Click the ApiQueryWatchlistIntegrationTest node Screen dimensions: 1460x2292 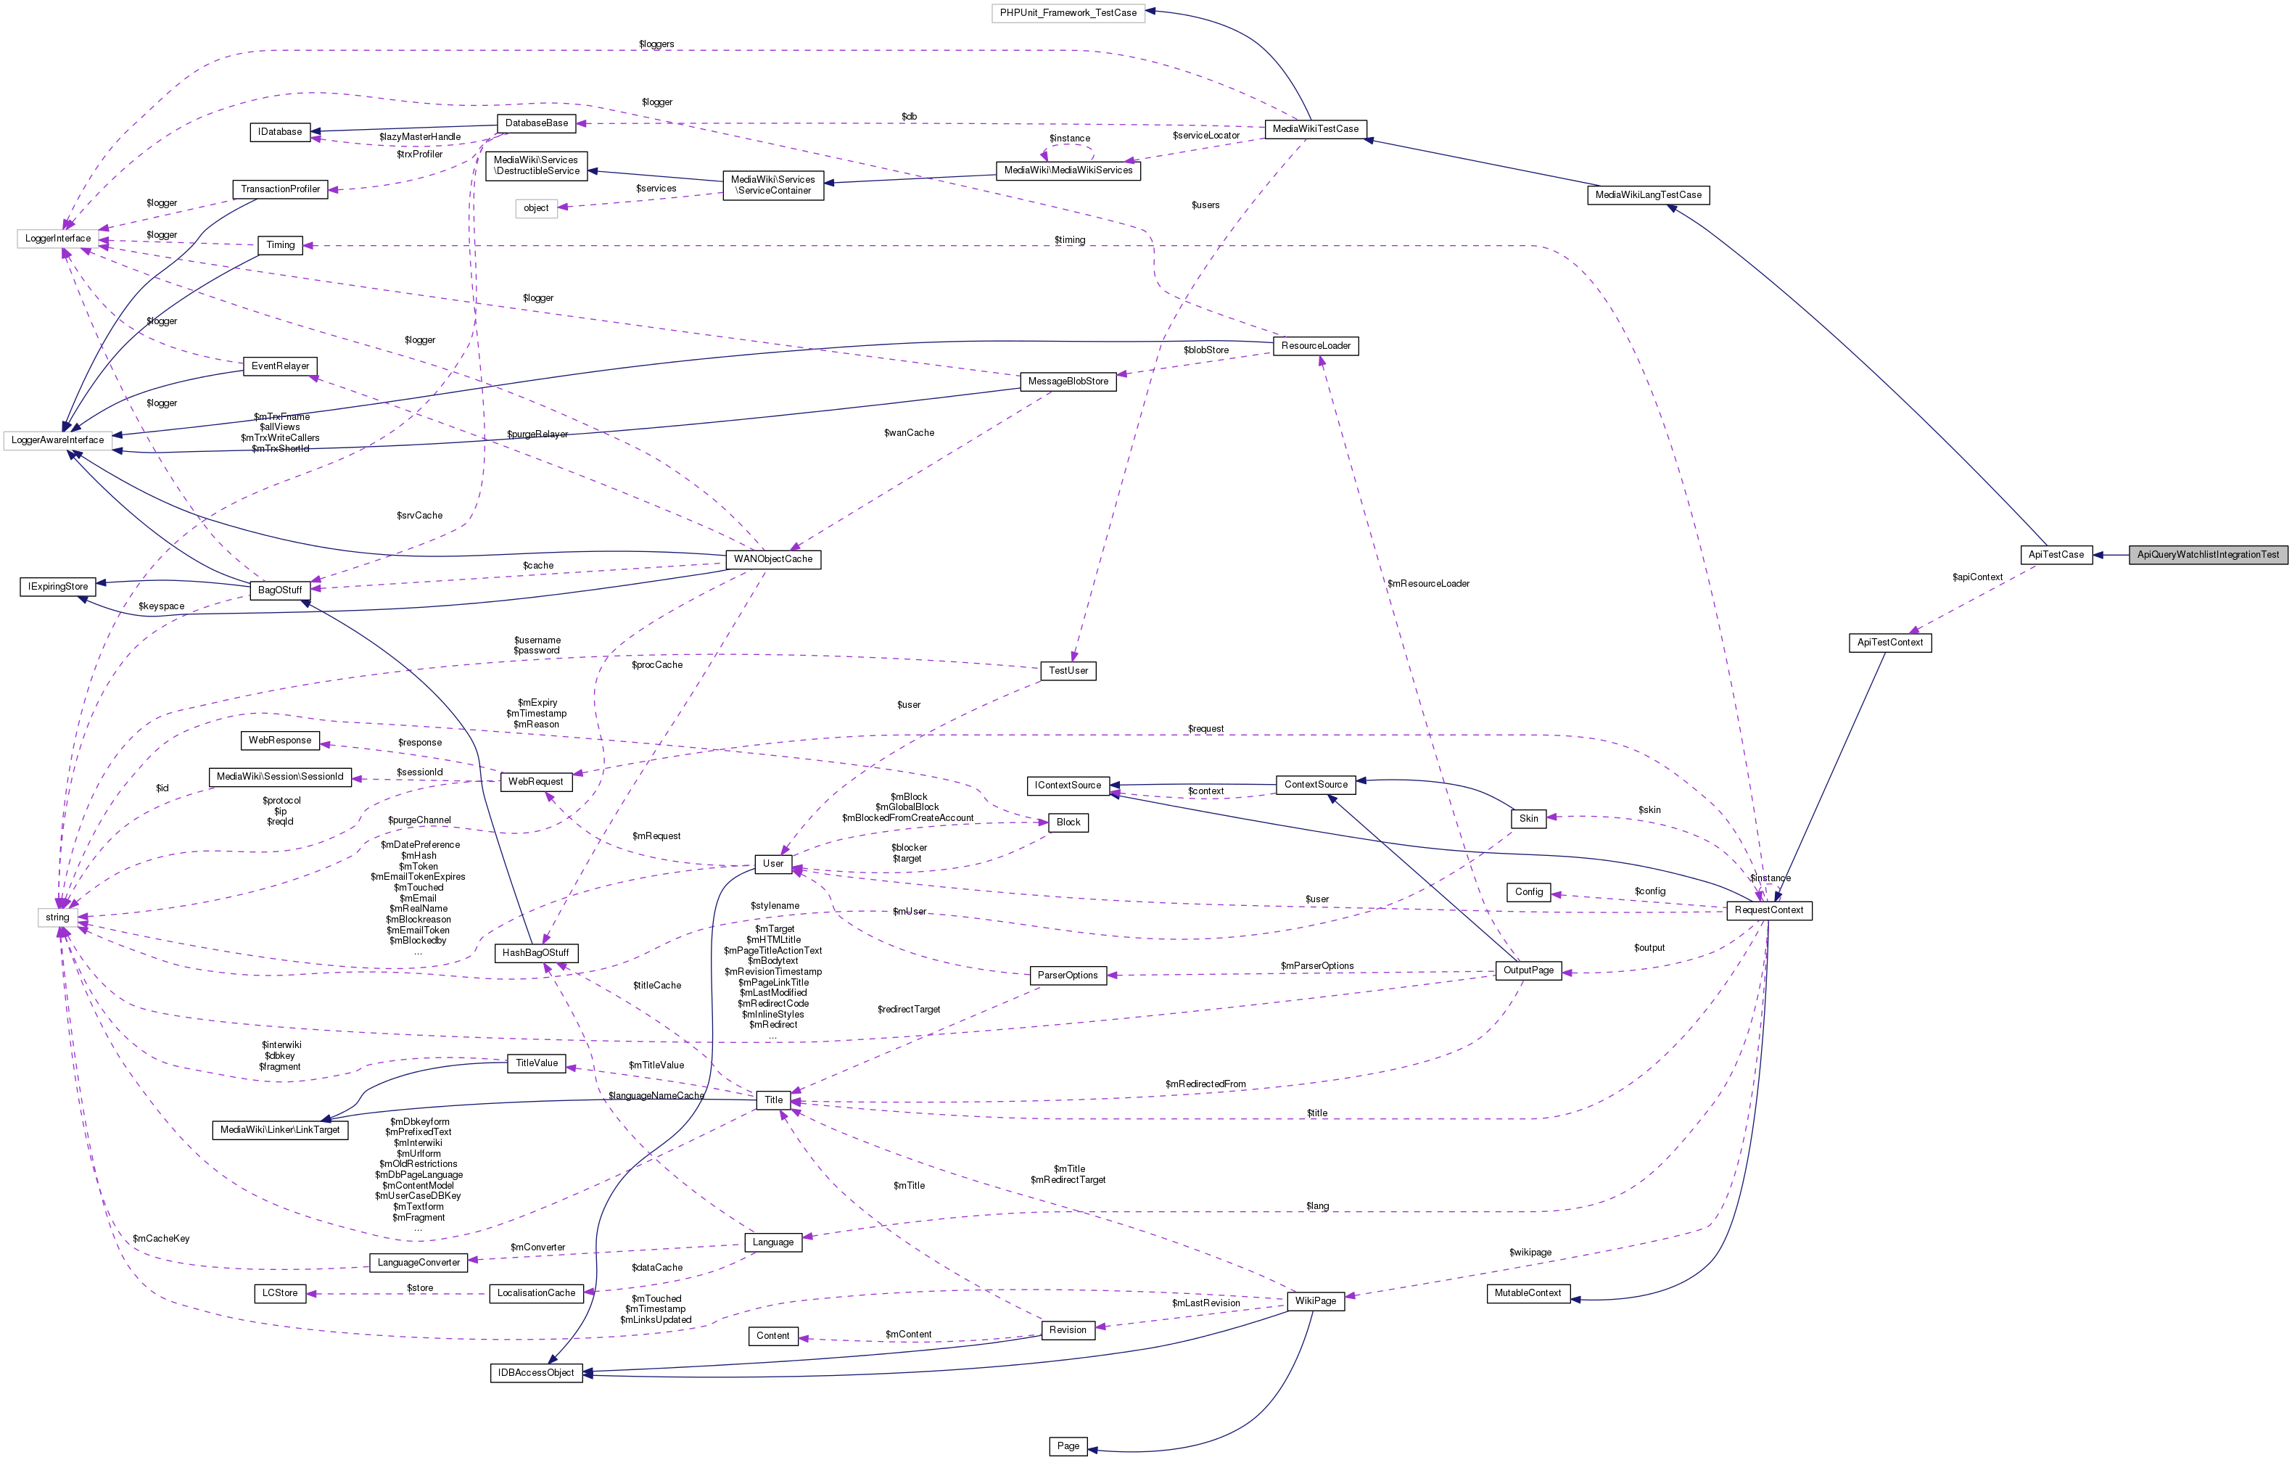(x=2207, y=554)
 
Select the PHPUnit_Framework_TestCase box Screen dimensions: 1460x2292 (x=1067, y=12)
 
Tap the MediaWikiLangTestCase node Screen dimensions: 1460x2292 (x=1648, y=195)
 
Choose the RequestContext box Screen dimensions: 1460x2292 (x=1768, y=910)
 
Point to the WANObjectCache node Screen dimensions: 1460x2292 (x=773, y=558)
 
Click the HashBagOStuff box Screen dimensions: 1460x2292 (x=536, y=953)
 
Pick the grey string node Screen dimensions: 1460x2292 (x=57, y=917)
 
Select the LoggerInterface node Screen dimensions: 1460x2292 (x=58, y=238)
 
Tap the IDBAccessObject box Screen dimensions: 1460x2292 (x=536, y=1372)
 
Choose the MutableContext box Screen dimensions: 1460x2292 (x=1527, y=1292)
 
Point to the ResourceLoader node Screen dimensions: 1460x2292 (x=1316, y=345)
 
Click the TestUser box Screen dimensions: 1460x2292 (x=1068, y=671)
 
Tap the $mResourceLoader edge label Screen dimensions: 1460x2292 (x=1427, y=583)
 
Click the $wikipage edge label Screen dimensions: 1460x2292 (x=1530, y=1252)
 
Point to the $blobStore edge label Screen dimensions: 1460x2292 (x=1206, y=350)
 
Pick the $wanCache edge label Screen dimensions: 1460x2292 (x=909, y=433)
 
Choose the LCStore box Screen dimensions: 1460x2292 (x=280, y=1292)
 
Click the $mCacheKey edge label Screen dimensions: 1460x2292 (x=161, y=1238)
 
